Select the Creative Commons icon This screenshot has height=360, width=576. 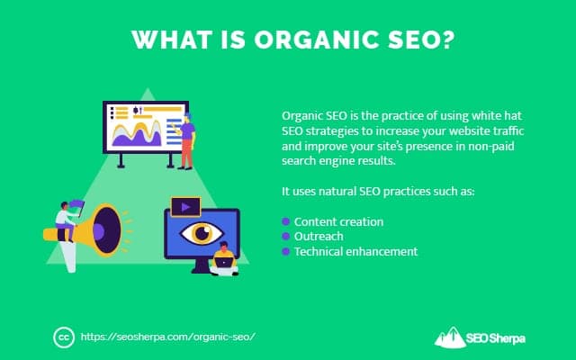63,337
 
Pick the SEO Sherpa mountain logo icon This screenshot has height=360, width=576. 450,336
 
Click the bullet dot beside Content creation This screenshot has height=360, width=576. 286,221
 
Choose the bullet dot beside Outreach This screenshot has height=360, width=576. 286,237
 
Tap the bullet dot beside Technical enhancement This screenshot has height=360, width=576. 286,251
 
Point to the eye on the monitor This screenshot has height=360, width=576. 201,232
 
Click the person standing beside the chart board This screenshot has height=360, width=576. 186,139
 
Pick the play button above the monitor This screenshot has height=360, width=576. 185,206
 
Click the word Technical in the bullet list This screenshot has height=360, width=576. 321,251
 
